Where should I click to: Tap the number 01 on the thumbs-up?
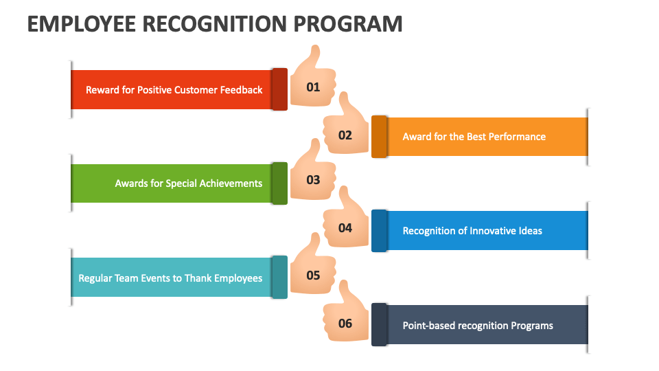click(x=313, y=87)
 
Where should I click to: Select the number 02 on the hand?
click(x=345, y=135)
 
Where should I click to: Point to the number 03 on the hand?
click(x=313, y=181)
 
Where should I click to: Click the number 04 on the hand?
click(x=345, y=227)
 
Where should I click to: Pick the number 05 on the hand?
click(x=313, y=276)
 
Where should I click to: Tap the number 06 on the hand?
click(x=345, y=323)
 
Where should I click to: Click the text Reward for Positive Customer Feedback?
click(x=174, y=90)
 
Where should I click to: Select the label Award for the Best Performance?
click(x=474, y=137)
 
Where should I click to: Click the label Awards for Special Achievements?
click(x=188, y=183)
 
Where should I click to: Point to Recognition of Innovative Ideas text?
click(x=472, y=231)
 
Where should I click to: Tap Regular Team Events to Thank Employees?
click(x=170, y=278)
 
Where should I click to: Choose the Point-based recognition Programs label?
click(x=478, y=326)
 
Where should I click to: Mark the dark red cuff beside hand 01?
click(x=279, y=89)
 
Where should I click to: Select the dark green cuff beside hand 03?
click(x=279, y=183)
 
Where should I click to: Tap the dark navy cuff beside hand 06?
click(x=380, y=324)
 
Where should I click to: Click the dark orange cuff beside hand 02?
click(x=380, y=137)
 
